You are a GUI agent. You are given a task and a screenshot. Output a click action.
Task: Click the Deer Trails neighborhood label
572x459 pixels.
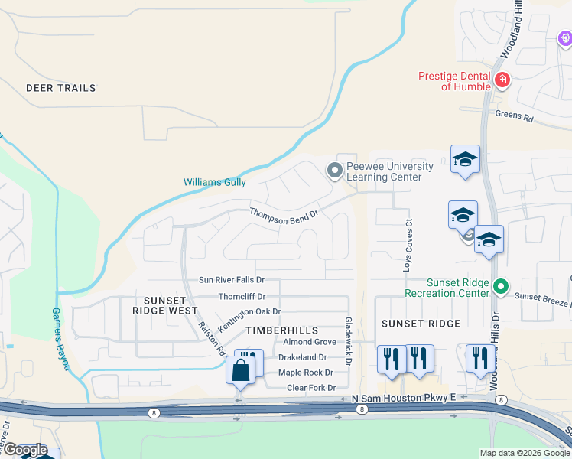point(61,88)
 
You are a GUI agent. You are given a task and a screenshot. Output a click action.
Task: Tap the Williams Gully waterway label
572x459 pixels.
point(215,182)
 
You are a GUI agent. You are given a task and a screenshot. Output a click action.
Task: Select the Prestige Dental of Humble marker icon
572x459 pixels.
point(502,80)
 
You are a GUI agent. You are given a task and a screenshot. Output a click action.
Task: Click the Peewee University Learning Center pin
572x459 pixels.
point(333,171)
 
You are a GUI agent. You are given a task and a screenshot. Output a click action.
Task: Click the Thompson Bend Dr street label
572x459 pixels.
point(284,216)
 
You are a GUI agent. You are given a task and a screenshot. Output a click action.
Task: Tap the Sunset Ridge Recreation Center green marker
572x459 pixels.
point(501,287)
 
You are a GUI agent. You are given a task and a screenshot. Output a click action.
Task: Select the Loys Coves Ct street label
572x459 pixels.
point(408,246)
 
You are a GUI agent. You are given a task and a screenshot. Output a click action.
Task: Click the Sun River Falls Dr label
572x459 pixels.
point(232,280)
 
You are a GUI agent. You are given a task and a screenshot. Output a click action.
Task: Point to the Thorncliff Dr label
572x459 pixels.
point(242,296)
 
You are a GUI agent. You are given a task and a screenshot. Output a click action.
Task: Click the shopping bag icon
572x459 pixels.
point(240,372)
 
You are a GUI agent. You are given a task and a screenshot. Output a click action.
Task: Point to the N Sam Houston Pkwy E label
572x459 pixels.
point(403,398)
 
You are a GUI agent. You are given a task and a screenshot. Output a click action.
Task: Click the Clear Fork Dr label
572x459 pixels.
point(311,388)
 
